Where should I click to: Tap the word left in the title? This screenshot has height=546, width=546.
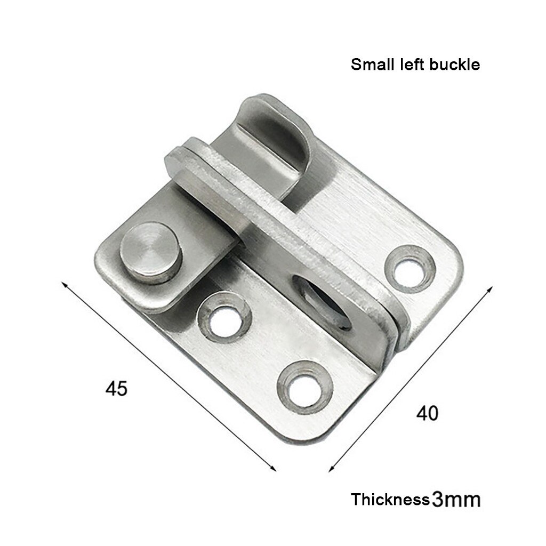(409, 65)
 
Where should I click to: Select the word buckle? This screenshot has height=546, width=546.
(453, 65)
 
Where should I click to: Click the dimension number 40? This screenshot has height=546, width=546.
(428, 412)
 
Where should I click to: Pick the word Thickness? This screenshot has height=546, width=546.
(390, 500)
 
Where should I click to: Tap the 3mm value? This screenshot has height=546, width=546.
(456, 500)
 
